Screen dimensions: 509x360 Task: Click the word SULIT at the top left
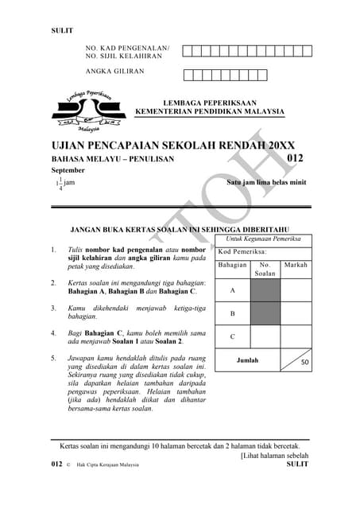(62, 31)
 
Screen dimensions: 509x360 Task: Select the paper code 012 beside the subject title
(295, 158)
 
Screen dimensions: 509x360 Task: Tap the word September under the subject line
(68, 170)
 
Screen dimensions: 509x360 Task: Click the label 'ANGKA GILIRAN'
(115, 72)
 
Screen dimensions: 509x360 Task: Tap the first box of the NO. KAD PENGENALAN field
(188, 51)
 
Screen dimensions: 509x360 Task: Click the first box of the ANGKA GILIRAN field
(188, 76)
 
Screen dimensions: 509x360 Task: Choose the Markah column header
(296, 265)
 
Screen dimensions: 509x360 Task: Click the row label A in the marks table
(232, 291)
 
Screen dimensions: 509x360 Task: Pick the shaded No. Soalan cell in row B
(265, 313)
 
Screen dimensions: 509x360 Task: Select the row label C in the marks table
(232, 336)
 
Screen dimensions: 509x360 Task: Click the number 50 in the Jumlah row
(304, 363)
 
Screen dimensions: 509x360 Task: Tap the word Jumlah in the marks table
(247, 360)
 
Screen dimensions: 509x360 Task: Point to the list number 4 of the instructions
(53, 333)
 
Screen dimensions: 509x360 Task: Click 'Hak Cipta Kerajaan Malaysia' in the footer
(107, 464)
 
